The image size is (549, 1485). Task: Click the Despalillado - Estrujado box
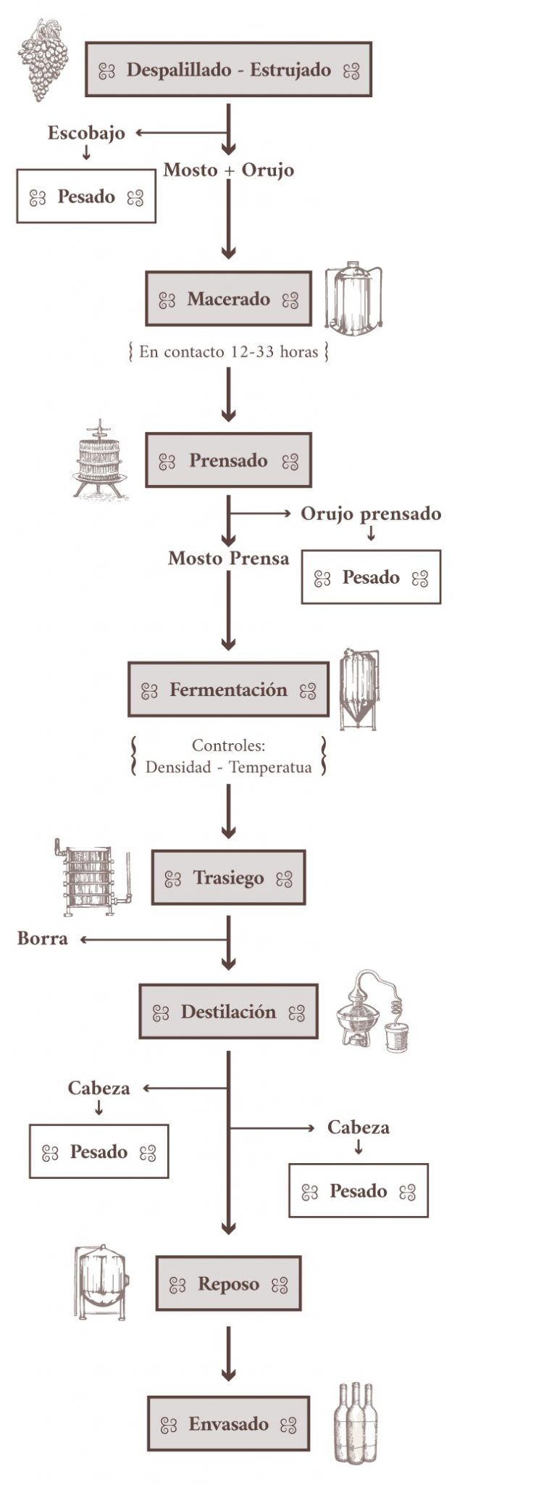[x=228, y=70]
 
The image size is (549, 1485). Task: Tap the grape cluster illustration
[x=43, y=59]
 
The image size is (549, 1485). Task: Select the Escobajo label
[x=86, y=133]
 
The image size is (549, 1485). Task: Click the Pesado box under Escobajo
[x=86, y=197]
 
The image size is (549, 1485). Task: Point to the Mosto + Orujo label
[x=228, y=170]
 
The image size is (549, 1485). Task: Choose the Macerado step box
[x=228, y=299]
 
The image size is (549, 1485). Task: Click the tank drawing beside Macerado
[x=353, y=299]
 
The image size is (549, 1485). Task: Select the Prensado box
[x=228, y=460]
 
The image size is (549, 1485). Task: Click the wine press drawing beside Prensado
[x=99, y=459]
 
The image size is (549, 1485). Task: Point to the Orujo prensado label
[x=371, y=513]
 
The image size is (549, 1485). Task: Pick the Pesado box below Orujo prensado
[x=371, y=577]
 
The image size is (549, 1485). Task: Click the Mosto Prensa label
[x=228, y=558]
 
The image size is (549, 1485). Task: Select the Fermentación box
[x=228, y=690]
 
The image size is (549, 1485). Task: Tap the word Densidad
[x=177, y=767]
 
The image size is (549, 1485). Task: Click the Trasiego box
[x=228, y=878]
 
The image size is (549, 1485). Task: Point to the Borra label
[x=43, y=938]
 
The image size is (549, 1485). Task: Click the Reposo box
[x=228, y=1284]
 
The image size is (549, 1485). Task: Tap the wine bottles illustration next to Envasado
[x=356, y=1423]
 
